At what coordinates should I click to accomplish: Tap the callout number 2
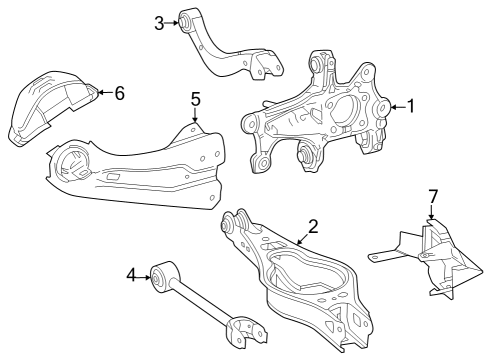[x=313, y=226]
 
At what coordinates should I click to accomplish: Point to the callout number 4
[x=131, y=272]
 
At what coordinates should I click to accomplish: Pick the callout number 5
[x=196, y=98]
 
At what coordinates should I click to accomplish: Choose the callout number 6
[x=119, y=93]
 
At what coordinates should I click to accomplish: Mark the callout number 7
[x=433, y=194]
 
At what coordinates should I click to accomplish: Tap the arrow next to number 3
[x=172, y=21]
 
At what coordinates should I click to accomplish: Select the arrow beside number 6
[x=105, y=93]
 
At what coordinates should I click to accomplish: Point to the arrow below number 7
[x=432, y=212]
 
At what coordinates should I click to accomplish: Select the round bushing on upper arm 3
[x=187, y=21]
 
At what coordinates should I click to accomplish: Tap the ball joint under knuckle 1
[x=306, y=156]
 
